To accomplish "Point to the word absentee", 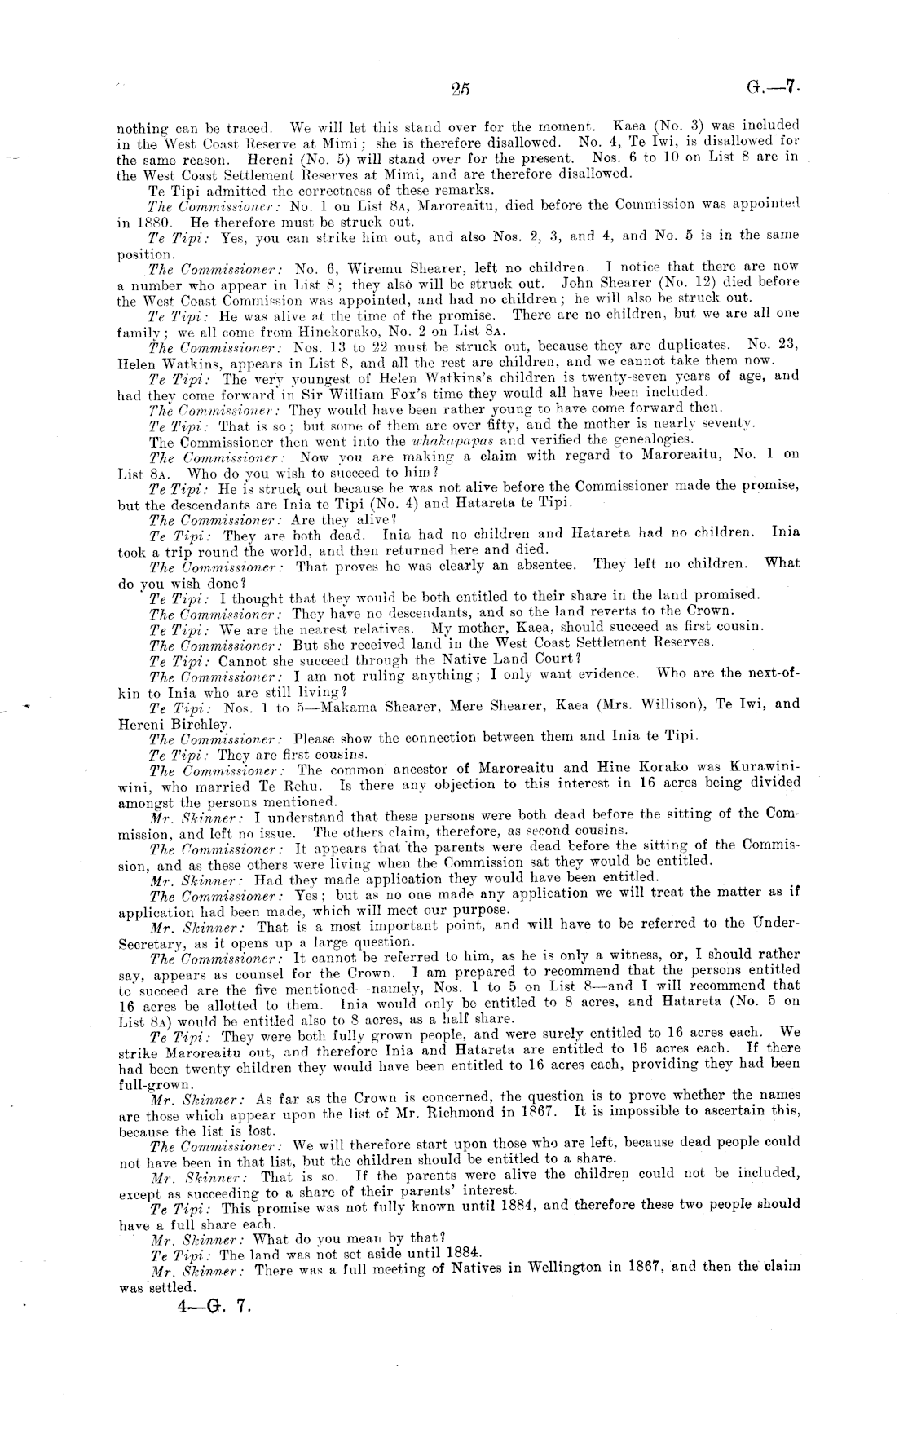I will [x=536, y=564].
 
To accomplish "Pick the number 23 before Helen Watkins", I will [x=784, y=345].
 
